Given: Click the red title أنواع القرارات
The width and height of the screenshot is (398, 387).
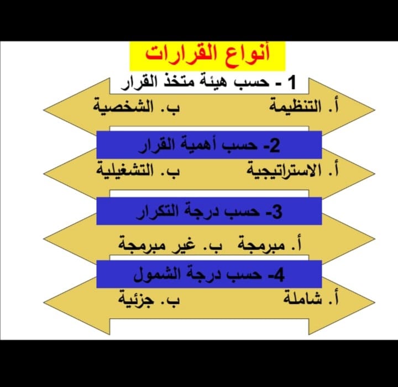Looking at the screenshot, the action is [207, 54].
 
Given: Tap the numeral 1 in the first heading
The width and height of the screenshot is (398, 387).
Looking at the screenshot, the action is [292, 82].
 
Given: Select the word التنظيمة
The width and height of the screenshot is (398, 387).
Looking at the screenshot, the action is [295, 107].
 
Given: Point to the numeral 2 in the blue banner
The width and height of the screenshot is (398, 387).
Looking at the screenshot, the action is [274, 146].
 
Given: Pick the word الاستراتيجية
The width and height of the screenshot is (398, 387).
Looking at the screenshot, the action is [284, 171].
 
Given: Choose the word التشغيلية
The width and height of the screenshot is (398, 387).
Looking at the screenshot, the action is [124, 171].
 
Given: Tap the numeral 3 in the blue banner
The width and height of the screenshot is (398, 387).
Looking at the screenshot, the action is [277, 212].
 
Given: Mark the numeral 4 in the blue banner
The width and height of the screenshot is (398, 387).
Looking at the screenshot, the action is [279, 275].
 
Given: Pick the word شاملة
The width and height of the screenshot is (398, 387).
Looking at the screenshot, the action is [302, 298].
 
